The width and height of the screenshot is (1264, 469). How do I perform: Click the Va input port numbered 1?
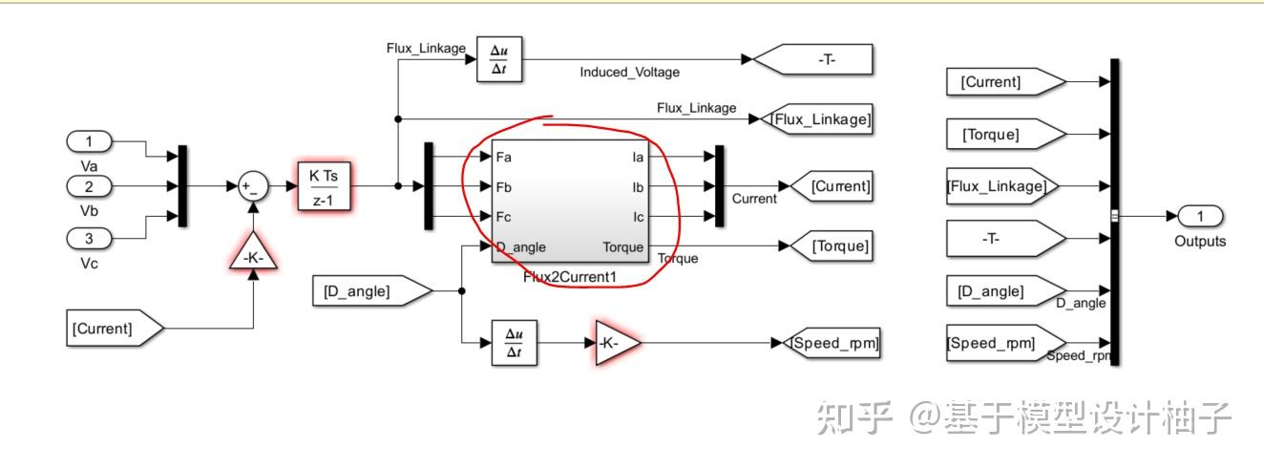(x=90, y=142)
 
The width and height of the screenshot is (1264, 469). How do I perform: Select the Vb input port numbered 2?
(x=90, y=186)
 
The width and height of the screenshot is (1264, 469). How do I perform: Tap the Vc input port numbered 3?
(x=90, y=237)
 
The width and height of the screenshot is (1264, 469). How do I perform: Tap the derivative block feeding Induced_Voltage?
(x=500, y=59)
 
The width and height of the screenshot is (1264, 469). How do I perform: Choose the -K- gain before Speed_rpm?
(x=614, y=343)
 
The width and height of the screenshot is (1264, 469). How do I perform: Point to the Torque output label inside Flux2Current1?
(x=622, y=247)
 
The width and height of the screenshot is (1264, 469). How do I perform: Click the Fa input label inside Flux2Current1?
(x=505, y=156)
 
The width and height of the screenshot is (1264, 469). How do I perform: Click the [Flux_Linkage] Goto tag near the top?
(x=819, y=118)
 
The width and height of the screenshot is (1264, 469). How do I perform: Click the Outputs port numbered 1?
(x=1200, y=216)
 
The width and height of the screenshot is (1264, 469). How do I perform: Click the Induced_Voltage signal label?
(x=630, y=73)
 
